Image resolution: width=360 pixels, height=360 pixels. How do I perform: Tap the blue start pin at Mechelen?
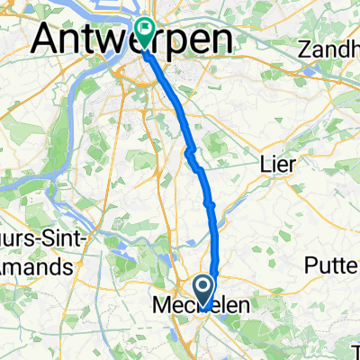(x=205, y=290)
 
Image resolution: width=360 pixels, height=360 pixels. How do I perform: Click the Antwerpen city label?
(x=131, y=39)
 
